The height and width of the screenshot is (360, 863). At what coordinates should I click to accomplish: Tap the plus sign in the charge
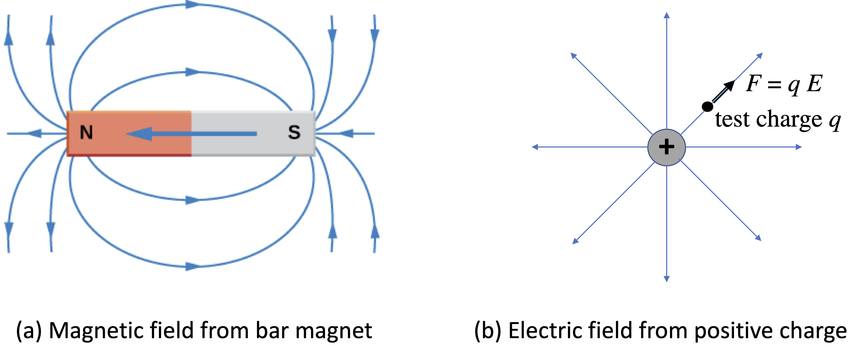pos(666,147)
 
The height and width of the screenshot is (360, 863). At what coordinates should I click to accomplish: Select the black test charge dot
pos(707,107)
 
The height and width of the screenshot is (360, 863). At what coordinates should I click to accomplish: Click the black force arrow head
pos(730,86)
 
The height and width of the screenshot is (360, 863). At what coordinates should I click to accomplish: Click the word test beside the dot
pos(732,120)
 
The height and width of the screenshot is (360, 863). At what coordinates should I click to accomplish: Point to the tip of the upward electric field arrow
pos(667,13)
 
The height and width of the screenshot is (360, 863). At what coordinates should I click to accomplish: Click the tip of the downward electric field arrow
pos(667,281)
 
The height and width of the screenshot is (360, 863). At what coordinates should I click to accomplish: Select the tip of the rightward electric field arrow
pos(801,147)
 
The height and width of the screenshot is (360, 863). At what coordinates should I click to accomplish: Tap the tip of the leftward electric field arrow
pos(533,147)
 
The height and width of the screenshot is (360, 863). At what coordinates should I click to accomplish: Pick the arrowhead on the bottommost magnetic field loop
pos(193,267)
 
